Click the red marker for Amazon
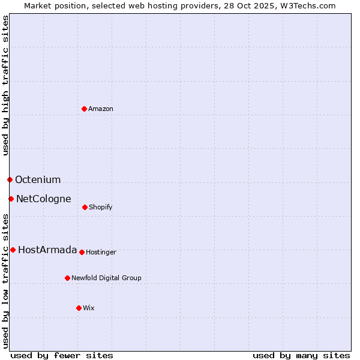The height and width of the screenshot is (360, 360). (84, 109)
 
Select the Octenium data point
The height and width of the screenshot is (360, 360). (10, 179)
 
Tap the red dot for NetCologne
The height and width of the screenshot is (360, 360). (11, 199)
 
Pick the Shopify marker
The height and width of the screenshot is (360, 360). (85, 207)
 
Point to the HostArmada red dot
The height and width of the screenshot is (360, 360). (13, 250)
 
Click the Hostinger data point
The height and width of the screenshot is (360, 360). (82, 252)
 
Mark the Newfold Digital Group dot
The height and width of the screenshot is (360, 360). (67, 278)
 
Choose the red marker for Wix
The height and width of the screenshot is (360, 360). (79, 308)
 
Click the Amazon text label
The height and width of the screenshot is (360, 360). (101, 109)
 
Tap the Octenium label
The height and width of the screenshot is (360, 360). (38, 179)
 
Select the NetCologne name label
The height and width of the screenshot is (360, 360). (43, 199)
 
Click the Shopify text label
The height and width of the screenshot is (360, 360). (101, 207)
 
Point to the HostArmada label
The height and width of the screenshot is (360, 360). (47, 250)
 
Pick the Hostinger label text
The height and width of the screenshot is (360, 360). (101, 252)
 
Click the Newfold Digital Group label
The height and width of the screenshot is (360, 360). (106, 278)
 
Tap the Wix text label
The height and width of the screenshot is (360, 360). (89, 308)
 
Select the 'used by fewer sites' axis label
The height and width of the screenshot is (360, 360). (62, 355)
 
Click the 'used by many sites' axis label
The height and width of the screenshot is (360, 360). (301, 355)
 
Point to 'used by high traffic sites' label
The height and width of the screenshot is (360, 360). (5, 85)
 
